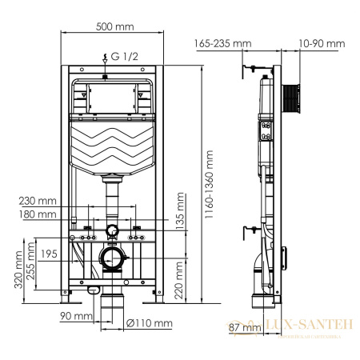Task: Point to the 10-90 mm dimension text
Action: point(322,43)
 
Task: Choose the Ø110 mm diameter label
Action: point(150,323)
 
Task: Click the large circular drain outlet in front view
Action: point(112,259)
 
